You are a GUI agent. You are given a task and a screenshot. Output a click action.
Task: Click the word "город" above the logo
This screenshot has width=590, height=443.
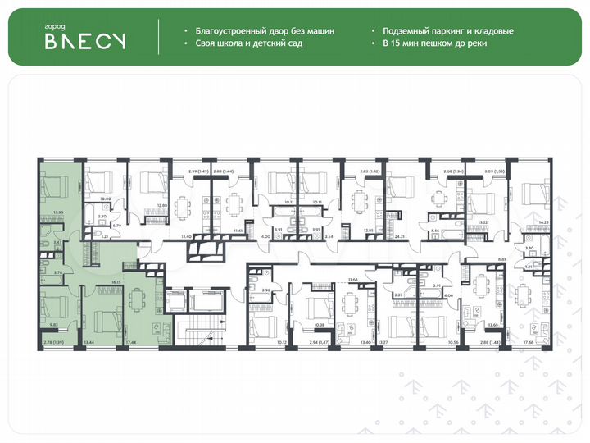(55, 27)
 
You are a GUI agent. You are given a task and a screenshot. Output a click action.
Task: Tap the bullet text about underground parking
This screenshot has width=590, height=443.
(446, 31)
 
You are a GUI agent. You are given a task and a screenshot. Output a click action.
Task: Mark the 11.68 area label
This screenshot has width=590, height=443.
(353, 281)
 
